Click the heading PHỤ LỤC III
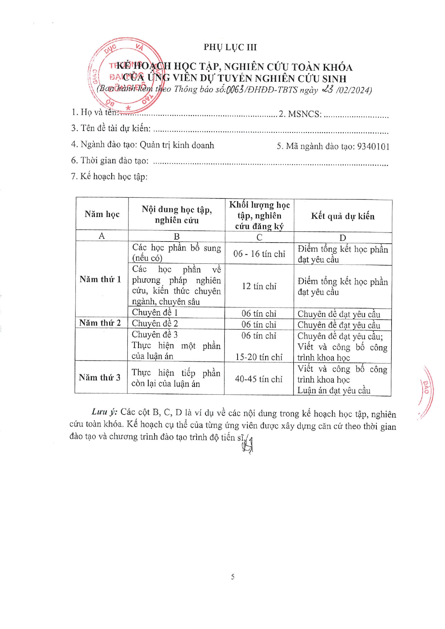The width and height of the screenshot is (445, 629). pyautogui.click(x=230, y=47)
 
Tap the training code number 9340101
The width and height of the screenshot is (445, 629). pyautogui.click(x=373, y=146)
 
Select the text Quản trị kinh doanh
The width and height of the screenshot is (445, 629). pyautogui.click(x=177, y=145)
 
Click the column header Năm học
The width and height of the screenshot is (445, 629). pyautogui.click(x=102, y=214)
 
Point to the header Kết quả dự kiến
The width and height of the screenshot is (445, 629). pyautogui.click(x=343, y=216)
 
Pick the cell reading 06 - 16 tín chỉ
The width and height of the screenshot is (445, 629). pyautogui.click(x=259, y=254)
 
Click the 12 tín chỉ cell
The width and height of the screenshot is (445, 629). pyautogui.click(x=259, y=286)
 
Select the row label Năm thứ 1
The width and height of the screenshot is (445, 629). pyautogui.click(x=100, y=280)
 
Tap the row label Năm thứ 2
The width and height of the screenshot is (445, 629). pyautogui.click(x=100, y=323)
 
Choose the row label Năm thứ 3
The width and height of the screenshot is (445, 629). pyautogui.click(x=100, y=377)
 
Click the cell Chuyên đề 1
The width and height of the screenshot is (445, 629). pyautogui.click(x=155, y=313)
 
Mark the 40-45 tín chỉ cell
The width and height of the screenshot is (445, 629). pyautogui.click(x=259, y=379)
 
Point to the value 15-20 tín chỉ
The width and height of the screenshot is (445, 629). pyautogui.click(x=259, y=357)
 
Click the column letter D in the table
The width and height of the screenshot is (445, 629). pyautogui.click(x=343, y=238)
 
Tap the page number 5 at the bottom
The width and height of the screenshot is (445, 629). pyautogui.click(x=233, y=577)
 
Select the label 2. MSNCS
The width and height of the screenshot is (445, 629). pyautogui.click(x=300, y=114)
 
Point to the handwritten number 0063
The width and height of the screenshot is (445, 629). pyautogui.click(x=235, y=89)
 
